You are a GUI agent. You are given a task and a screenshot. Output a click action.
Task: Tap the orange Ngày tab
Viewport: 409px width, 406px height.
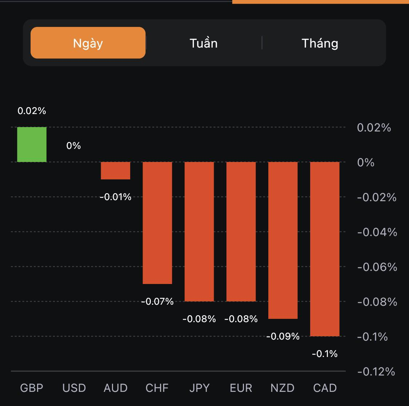88,43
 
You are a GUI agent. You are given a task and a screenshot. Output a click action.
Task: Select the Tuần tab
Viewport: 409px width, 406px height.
204,43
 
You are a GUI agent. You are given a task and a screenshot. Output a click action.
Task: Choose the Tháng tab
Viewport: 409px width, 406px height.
320,43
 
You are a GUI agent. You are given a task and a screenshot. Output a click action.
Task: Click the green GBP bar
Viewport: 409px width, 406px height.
32,145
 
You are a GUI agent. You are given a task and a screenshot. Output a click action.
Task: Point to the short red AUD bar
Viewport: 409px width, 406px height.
116,171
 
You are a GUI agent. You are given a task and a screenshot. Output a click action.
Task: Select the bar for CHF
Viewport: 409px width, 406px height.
157,223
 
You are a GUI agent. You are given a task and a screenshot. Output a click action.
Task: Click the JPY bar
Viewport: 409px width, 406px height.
199,231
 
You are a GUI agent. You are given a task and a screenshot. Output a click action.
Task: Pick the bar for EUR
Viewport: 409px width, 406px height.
241,231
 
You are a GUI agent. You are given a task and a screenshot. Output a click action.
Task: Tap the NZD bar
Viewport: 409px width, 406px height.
283,240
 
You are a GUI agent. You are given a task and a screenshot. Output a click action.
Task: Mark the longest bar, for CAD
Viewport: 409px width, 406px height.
325,249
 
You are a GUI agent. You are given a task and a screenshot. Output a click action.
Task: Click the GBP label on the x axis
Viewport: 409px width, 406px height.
32,388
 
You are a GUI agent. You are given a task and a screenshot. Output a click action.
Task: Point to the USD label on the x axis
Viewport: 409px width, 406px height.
74,388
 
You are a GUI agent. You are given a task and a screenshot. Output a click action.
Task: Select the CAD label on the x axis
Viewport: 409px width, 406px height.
325,388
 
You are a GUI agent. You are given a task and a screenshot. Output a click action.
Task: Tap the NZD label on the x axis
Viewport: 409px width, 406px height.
282,388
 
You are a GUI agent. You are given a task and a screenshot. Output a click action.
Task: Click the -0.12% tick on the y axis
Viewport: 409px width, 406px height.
376,372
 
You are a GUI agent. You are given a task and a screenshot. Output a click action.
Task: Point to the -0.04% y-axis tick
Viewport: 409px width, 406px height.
377,232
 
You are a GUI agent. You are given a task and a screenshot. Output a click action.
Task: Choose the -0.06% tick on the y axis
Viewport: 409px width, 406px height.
377,267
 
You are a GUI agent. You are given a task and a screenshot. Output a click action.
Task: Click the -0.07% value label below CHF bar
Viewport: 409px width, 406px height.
157,301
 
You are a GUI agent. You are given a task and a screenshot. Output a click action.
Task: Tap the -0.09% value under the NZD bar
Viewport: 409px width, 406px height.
283,336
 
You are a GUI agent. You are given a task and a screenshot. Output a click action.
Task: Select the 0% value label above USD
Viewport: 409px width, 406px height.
73,146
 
